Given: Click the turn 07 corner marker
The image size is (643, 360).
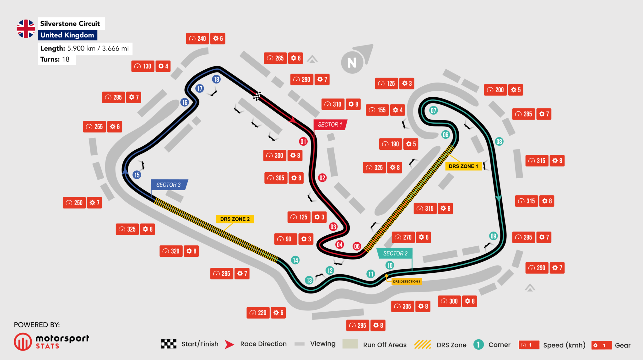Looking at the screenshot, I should (x=433, y=110).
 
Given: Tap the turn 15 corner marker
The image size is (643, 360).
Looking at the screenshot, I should (x=137, y=175).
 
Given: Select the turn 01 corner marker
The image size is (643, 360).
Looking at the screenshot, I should (x=303, y=142).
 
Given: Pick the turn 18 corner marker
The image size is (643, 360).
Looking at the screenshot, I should (x=216, y=79).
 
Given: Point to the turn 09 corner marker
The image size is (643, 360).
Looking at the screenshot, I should (x=493, y=236).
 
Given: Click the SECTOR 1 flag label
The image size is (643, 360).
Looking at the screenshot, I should (x=330, y=125).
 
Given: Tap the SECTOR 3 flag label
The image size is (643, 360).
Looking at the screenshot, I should (x=169, y=185).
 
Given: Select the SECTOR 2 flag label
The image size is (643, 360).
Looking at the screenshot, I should (x=395, y=253).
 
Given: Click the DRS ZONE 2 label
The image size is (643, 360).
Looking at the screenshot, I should (x=235, y=219).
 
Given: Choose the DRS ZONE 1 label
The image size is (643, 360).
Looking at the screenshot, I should (x=463, y=166).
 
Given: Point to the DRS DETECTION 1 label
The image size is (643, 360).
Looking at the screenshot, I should (x=406, y=282).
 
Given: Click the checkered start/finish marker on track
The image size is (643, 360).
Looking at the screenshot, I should (x=257, y=96).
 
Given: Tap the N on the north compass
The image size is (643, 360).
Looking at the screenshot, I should (x=352, y=63).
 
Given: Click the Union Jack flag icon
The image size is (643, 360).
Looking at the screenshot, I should (x=26, y=29).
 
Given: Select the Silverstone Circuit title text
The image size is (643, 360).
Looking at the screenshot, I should (x=70, y=24).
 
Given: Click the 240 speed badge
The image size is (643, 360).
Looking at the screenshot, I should (x=197, y=39).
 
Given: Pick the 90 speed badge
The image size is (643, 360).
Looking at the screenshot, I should (x=285, y=239).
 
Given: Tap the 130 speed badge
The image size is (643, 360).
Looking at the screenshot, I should (x=143, y=66).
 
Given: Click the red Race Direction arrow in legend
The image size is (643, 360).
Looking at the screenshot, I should (x=230, y=344).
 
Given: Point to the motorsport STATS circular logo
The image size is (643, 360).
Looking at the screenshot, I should (x=23, y=341).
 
